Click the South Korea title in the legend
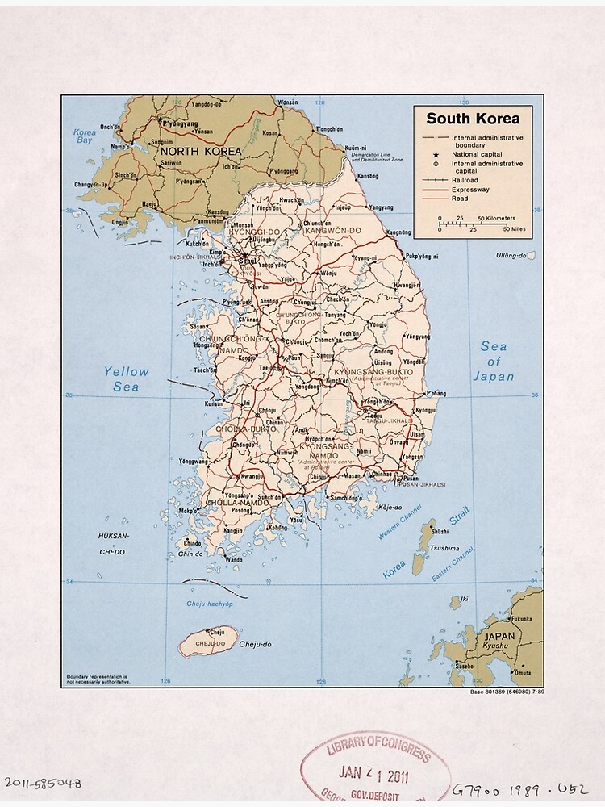(473, 119)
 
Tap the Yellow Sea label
(126, 379)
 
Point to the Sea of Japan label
(493, 361)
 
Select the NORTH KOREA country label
(200, 151)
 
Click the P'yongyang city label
(180, 124)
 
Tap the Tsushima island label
(445, 548)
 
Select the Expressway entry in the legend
(470, 189)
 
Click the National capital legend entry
(477, 154)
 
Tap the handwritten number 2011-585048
(42, 783)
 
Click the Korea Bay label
(84, 136)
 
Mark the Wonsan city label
(287, 103)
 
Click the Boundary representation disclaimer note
(98, 679)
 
